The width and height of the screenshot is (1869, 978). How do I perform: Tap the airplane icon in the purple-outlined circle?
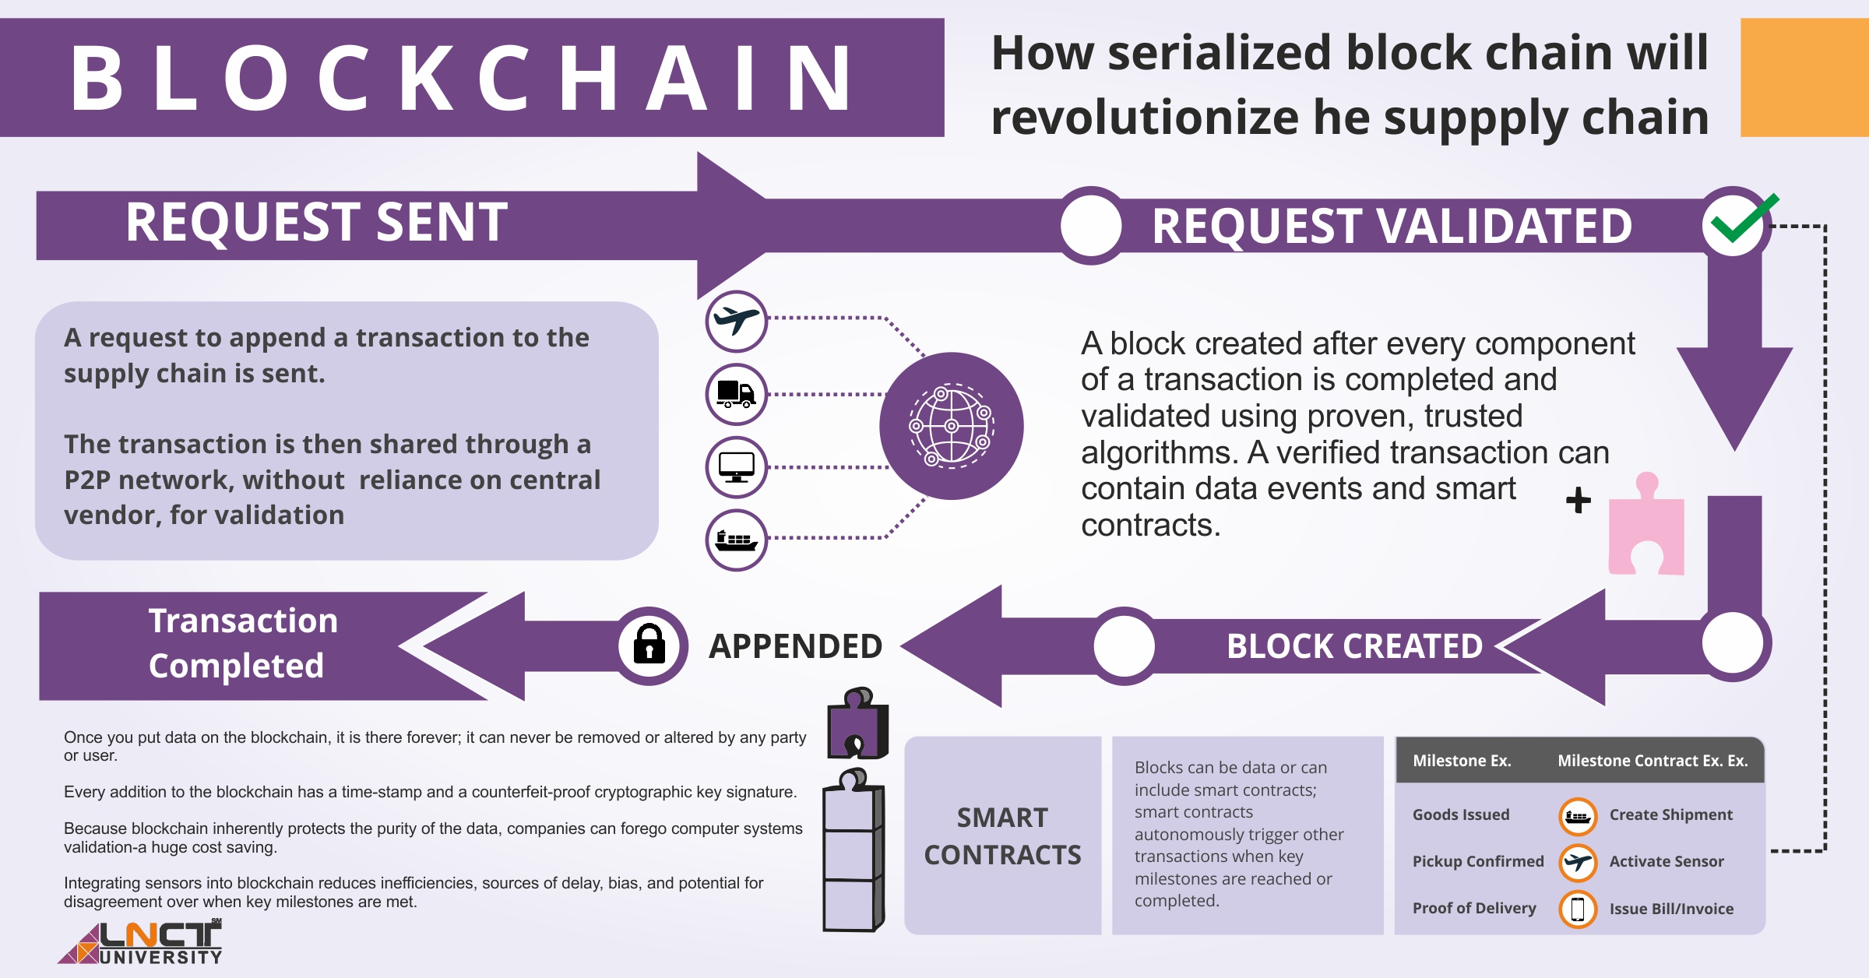[x=736, y=321]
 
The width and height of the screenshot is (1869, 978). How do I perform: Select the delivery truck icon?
[x=736, y=394]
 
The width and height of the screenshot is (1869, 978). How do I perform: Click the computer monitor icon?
[x=736, y=467]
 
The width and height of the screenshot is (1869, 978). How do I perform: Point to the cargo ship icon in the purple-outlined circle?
[x=736, y=540]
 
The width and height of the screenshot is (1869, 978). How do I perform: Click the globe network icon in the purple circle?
[x=951, y=426]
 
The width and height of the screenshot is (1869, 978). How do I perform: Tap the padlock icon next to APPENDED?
[x=649, y=645]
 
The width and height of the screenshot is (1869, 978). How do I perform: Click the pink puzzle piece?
[x=1646, y=529]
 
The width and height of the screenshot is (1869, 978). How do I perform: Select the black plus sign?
[x=1579, y=500]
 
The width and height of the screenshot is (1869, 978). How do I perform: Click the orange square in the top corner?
[x=1804, y=78]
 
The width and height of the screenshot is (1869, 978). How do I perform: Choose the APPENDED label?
[x=795, y=646]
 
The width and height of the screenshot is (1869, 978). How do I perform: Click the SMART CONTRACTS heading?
[x=1002, y=836]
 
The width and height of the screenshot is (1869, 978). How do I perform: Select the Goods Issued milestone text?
[x=1461, y=814]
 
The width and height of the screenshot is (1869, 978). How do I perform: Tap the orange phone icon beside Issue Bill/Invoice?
[x=1578, y=909]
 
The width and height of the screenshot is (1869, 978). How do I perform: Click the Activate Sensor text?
[x=1667, y=861]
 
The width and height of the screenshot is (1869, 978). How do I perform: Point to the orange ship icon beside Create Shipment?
[x=1578, y=816]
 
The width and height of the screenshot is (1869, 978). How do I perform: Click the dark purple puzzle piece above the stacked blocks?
[x=857, y=724]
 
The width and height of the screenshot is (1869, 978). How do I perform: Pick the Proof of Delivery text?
[x=1474, y=908]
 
